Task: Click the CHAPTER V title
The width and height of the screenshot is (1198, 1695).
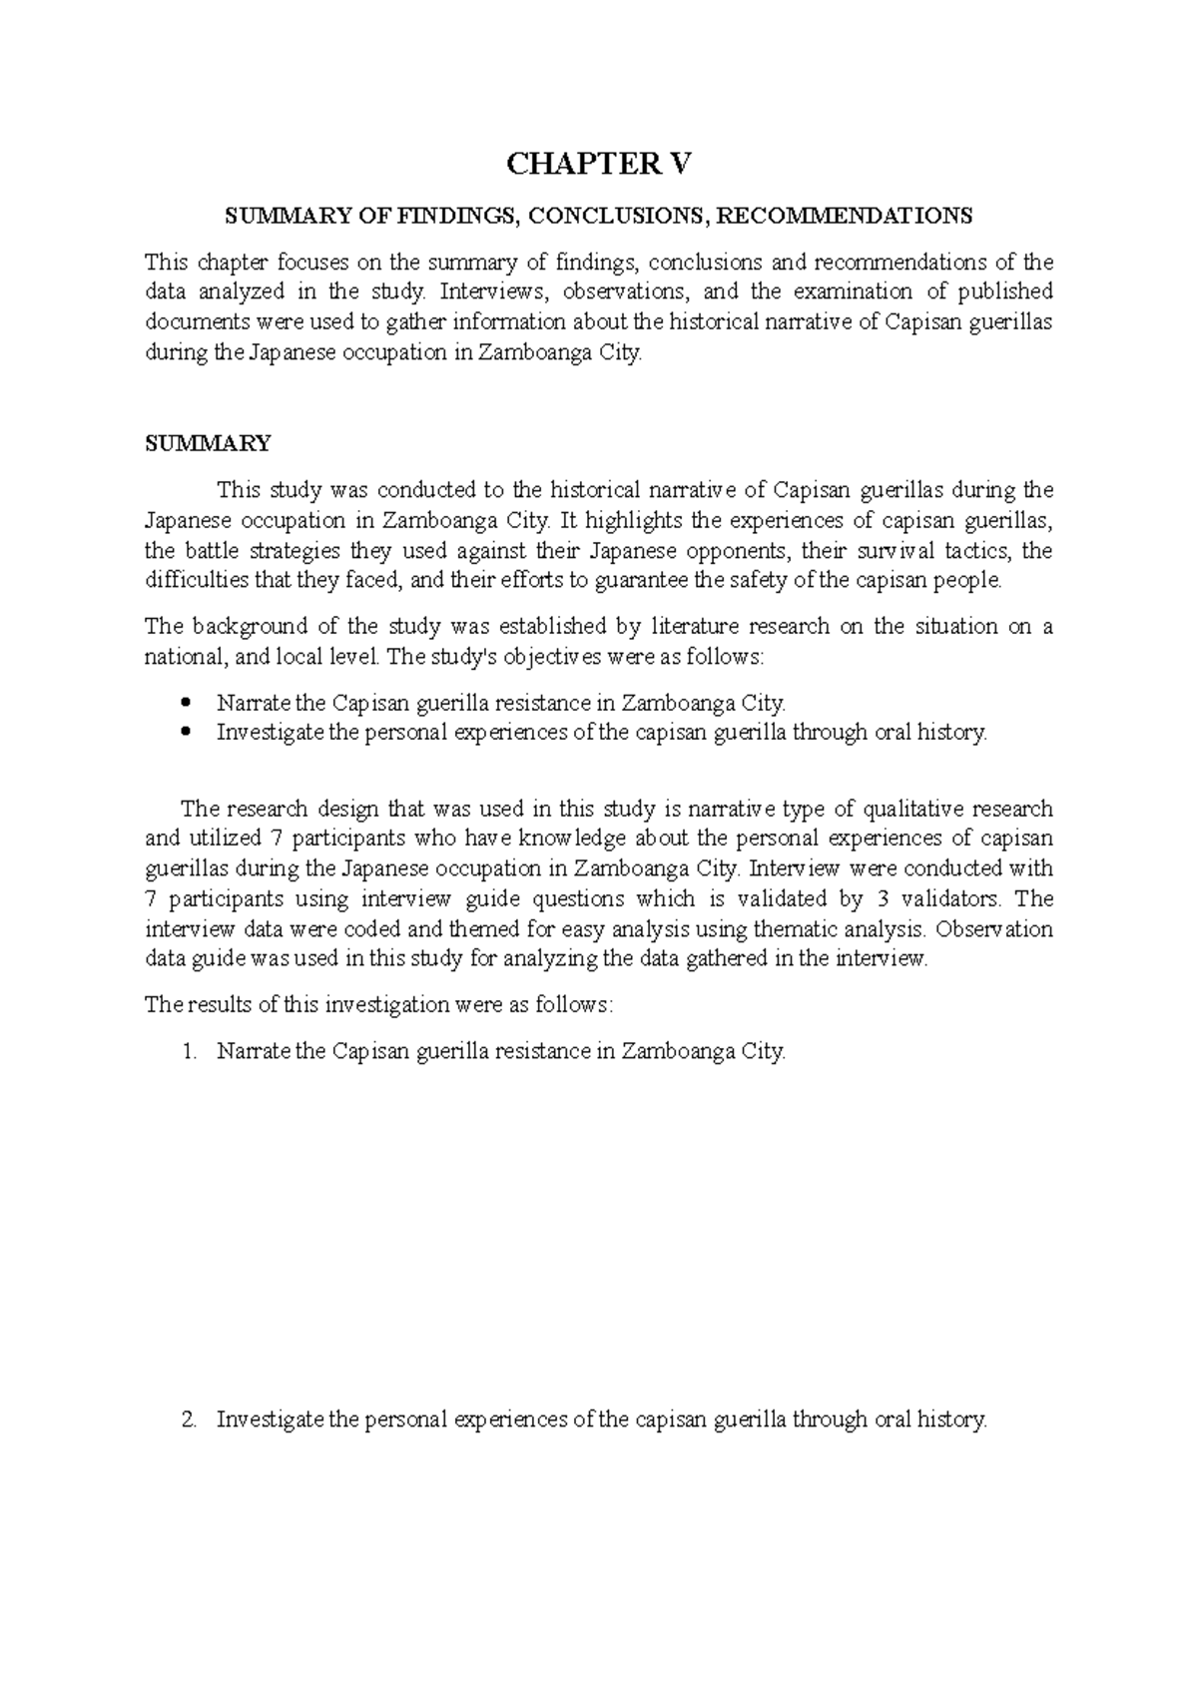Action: pyautogui.click(x=598, y=165)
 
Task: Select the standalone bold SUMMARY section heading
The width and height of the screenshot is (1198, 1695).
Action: pyautogui.click(x=208, y=443)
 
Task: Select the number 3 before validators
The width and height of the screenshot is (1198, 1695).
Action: pyautogui.click(x=878, y=898)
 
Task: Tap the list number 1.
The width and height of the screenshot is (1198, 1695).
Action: pyautogui.click(x=191, y=1051)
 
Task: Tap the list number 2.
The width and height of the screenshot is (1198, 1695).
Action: pyautogui.click(x=191, y=1419)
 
